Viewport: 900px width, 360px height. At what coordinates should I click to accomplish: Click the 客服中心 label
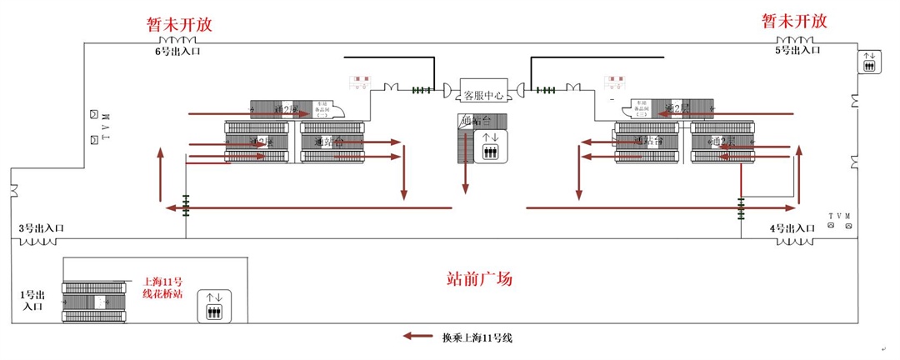point(483,95)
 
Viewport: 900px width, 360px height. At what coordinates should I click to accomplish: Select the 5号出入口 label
point(798,51)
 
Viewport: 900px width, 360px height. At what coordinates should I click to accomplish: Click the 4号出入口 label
point(792,228)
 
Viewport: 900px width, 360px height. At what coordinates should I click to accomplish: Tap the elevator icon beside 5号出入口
point(869,61)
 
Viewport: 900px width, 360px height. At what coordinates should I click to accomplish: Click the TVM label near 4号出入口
point(840,217)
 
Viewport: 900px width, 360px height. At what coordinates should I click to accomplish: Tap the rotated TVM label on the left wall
point(106,126)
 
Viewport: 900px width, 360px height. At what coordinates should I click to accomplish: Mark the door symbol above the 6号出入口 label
point(178,40)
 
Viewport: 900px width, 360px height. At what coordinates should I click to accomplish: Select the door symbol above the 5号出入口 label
point(796,40)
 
